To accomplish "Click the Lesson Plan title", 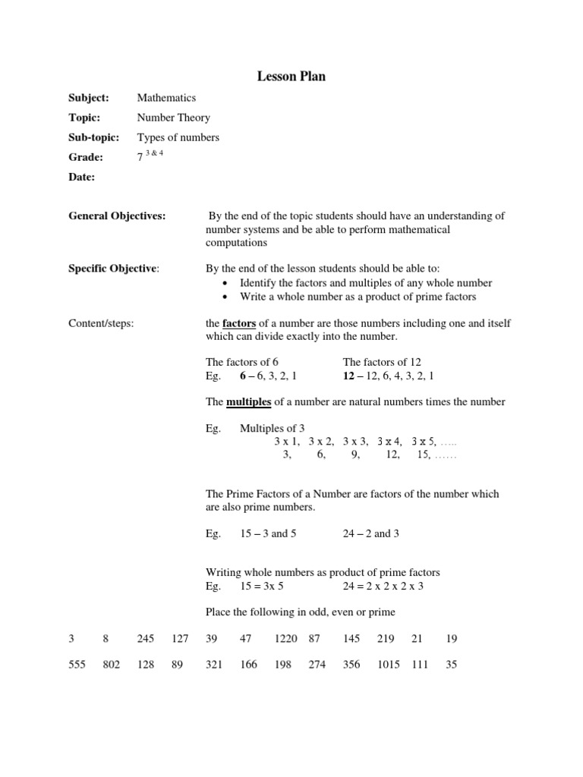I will tap(291, 77).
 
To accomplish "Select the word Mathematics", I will tap(166, 98).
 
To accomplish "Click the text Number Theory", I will tap(173, 118).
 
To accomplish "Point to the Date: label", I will tap(82, 177).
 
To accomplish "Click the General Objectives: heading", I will tap(117, 216).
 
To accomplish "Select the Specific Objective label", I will tap(114, 269).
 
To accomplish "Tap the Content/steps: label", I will tap(101, 323).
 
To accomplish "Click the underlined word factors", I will tap(238, 323).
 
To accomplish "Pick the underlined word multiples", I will tap(248, 401).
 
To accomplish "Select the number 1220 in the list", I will tap(286, 640).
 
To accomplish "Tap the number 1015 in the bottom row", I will tap(389, 665).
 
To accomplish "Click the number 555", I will tap(77, 665).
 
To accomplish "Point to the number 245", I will tap(145, 640).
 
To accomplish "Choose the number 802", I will tap(111, 665).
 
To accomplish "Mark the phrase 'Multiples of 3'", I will tap(272, 429).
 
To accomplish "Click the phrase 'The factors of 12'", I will tap(382, 363).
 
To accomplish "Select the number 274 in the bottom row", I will tap(317, 665).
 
